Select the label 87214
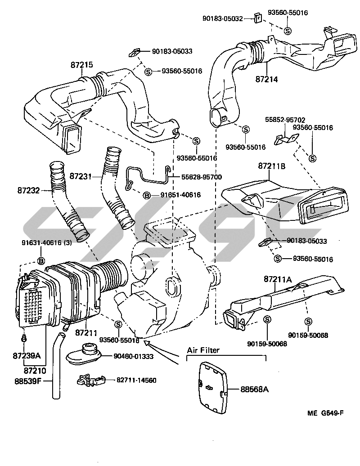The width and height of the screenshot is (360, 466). tap(267, 79)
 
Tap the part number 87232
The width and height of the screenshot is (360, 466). tap(28, 191)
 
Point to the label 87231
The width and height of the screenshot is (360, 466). tap(81, 177)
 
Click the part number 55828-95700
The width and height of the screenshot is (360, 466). tap(202, 177)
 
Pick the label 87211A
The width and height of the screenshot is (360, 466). tap(278, 279)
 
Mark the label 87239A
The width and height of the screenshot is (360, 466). tap(27, 355)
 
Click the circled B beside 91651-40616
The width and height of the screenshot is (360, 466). tap(146, 195)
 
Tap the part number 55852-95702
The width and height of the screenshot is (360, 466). tap(285, 120)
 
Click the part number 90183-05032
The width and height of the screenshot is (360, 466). tap(222, 18)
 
